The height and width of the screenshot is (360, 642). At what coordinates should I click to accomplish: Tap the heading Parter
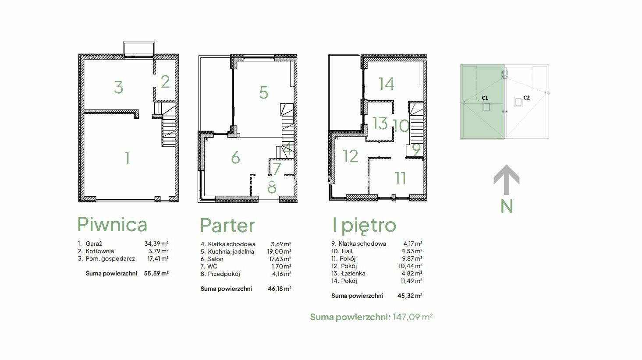pos(227,225)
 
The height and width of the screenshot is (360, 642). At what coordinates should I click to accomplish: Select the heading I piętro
pos(364,226)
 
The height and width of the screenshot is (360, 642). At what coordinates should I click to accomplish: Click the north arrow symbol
pos(507,180)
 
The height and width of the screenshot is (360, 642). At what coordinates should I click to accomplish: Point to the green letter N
pos(507,206)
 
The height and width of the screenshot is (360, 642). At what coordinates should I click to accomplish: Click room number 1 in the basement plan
pos(127,158)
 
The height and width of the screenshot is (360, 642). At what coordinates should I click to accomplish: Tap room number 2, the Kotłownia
pos(165,82)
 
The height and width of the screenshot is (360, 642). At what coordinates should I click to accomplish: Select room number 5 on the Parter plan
pos(263,92)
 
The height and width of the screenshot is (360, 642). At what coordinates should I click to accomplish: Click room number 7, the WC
pos(276,169)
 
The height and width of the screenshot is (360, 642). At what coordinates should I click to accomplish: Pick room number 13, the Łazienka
pos(380,123)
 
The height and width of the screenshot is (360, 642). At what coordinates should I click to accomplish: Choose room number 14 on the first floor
pos(387,84)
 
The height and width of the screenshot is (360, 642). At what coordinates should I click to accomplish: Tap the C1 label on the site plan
pos(485,98)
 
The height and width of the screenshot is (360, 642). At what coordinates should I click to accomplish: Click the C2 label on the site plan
pos(526,98)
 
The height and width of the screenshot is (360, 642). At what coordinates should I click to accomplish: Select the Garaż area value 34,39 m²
pos(156,244)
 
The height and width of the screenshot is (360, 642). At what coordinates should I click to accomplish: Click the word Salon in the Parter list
pos(216,259)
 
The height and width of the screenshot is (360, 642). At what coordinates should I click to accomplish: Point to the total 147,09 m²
pos(412,317)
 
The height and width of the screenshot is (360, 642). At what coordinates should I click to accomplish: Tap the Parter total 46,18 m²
pos(280,289)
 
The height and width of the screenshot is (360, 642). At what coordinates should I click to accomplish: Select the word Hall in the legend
pos(347,251)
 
